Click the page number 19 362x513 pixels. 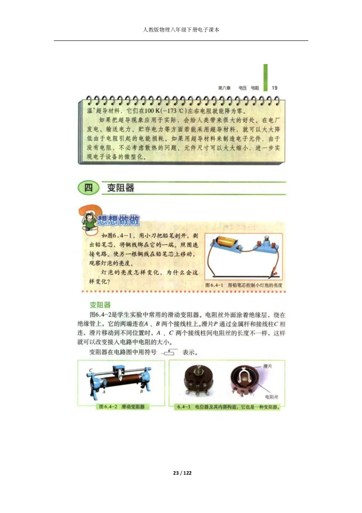[275, 87]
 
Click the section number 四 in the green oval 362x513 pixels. [88, 187]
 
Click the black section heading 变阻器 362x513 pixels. [120, 188]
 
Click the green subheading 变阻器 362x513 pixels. [100, 305]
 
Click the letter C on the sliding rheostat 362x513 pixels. [91, 371]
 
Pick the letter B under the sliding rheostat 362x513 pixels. [142, 391]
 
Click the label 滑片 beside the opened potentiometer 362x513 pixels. [267, 366]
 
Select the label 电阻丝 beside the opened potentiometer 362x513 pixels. [271, 397]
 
